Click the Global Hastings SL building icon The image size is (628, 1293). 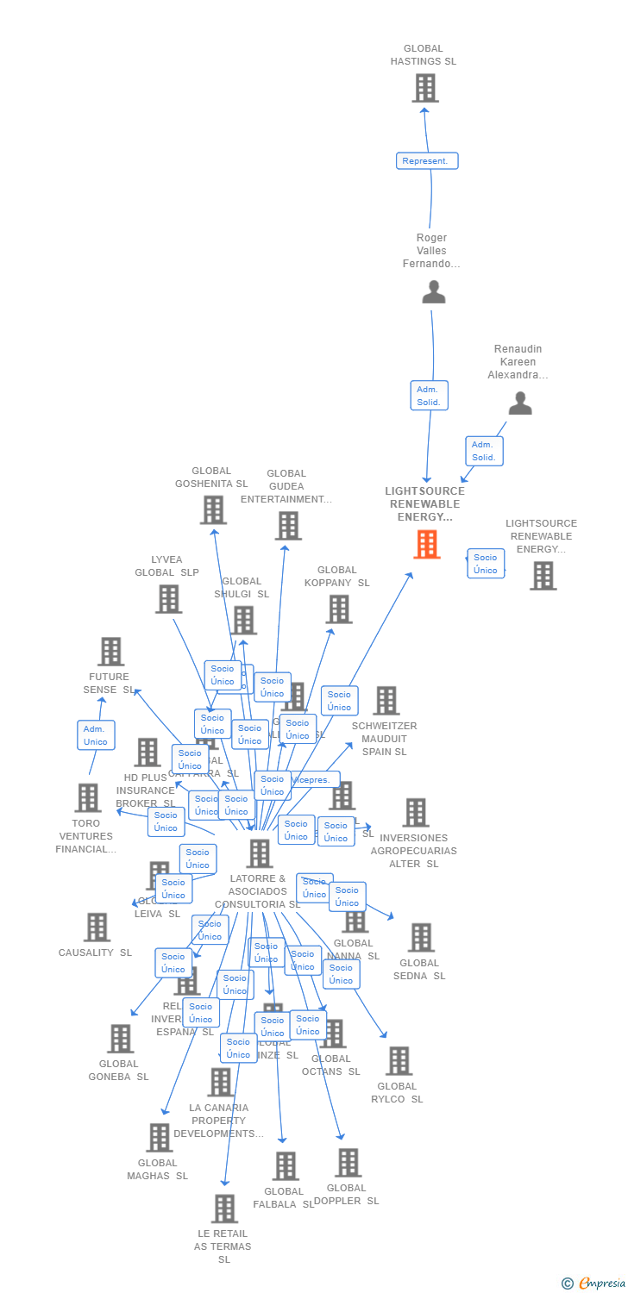coord(424,88)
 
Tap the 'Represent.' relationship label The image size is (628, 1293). coord(427,161)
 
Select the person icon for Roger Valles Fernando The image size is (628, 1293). coord(434,291)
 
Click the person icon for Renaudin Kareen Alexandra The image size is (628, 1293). coord(519,403)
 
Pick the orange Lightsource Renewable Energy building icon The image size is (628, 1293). coord(426,544)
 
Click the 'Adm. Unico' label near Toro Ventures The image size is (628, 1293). coord(96,735)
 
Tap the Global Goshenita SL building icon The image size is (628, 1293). coord(212,509)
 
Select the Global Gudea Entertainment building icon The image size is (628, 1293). coord(287,525)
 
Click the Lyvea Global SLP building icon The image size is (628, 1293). coord(168,598)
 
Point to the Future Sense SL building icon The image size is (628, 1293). coord(110,652)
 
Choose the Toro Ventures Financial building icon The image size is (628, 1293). coord(87,798)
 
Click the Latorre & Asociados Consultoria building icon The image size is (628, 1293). coord(259,853)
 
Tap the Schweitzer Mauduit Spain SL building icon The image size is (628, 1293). coord(386,701)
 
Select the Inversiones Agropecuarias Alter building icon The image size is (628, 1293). coord(415,812)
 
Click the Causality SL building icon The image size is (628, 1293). coord(97,928)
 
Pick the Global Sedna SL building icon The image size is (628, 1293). coord(420,937)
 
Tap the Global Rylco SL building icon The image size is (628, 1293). coord(398,1061)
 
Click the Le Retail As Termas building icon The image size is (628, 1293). coord(224,1209)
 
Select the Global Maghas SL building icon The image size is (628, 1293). coord(159,1138)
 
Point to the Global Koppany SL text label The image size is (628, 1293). coord(336,577)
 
